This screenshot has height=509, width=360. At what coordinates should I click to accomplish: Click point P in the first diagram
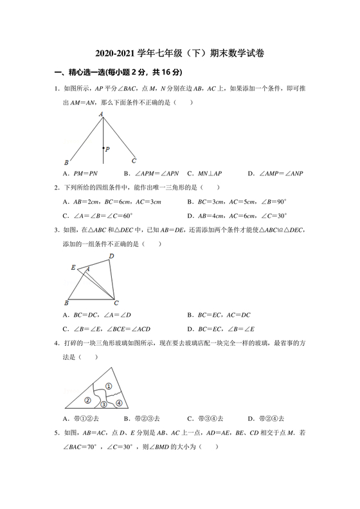[x=104, y=148]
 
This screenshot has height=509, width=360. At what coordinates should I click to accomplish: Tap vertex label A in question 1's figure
[x=101, y=114]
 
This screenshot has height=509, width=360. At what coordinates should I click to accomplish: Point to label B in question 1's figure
[x=66, y=162]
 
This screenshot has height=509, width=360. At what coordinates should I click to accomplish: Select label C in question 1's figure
[x=134, y=161]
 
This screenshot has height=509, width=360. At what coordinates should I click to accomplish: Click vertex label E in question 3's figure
[x=73, y=267]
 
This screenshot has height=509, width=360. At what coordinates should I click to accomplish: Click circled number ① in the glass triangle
[x=109, y=386]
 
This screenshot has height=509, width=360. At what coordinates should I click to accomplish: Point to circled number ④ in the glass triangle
[x=119, y=403]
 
